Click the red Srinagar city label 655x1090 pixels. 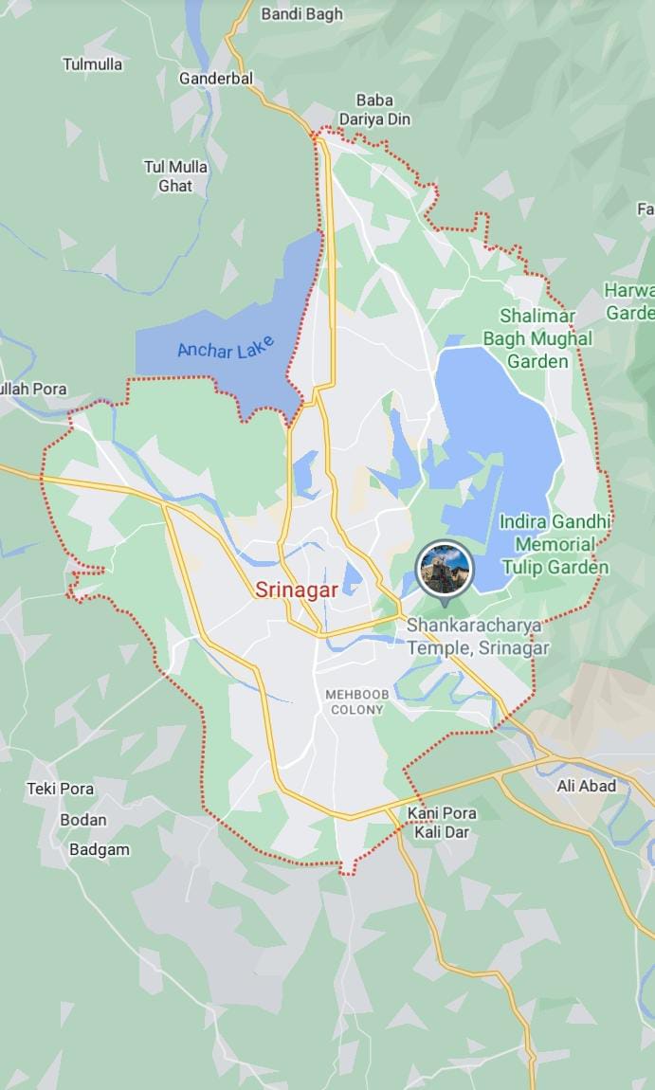click(x=297, y=590)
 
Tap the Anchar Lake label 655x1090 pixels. click(x=225, y=348)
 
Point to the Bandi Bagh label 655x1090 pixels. click(x=301, y=14)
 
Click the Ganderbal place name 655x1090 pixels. click(x=217, y=79)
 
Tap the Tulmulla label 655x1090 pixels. click(x=92, y=64)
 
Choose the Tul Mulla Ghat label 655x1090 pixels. click(x=175, y=176)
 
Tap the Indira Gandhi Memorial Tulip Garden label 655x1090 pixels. click(x=555, y=545)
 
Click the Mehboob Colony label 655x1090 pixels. click(x=356, y=701)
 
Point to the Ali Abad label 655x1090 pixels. click(x=586, y=786)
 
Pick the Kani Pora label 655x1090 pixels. click(x=442, y=813)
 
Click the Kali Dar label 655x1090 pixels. click(x=441, y=832)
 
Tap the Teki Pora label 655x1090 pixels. click(x=60, y=789)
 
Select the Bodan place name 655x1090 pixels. click(x=83, y=820)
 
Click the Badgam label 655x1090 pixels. click(x=99, y=849)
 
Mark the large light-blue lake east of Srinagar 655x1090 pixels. click(x=498, y=445)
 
